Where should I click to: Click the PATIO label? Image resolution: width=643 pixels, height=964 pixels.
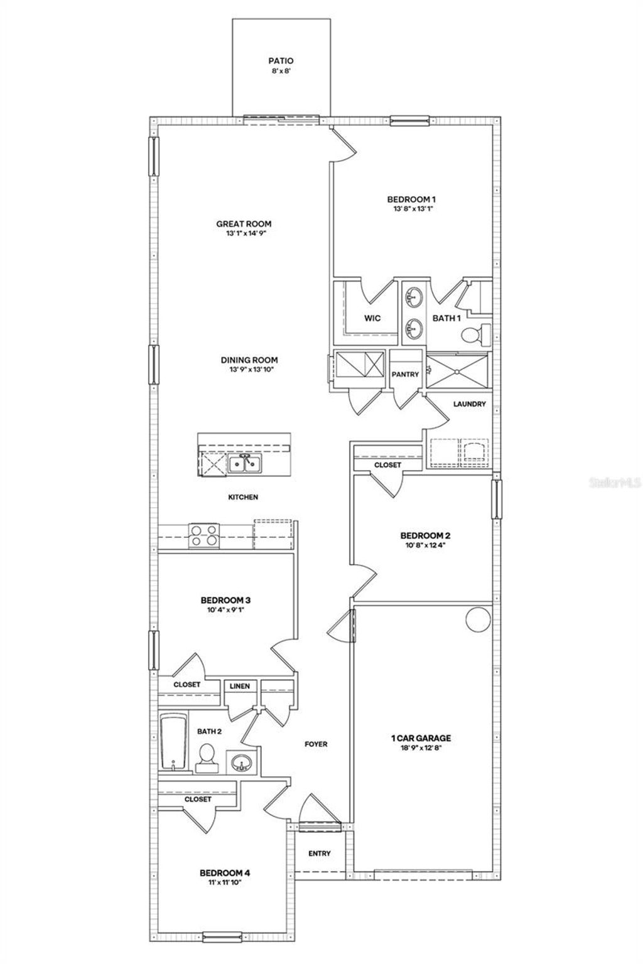281,61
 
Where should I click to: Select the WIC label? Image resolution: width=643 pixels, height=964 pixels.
372,318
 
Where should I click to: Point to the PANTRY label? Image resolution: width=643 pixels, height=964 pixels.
405,374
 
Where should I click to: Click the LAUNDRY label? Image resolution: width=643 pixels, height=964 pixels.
469,404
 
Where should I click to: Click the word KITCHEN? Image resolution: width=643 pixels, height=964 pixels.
242,497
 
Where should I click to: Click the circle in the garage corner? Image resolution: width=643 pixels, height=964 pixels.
477,619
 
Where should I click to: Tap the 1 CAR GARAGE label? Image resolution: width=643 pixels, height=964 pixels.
421,738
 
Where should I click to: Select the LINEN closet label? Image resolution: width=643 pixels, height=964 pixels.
239,686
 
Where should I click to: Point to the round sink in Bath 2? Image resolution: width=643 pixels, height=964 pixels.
242,763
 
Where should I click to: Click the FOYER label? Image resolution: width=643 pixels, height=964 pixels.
316,744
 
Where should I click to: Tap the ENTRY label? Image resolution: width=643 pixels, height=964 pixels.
320,854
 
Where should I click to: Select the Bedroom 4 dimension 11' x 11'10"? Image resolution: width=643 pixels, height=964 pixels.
225,882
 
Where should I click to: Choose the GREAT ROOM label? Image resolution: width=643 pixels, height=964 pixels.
244,223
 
